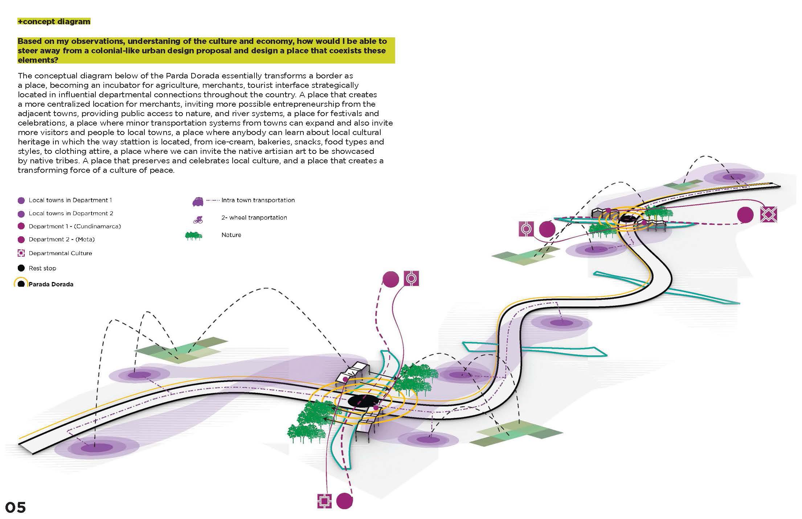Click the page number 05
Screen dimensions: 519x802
pos(16,507)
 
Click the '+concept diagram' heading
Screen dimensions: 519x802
pos(54,21)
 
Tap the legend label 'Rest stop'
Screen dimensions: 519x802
pos(42,268)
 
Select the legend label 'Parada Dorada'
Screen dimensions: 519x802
pos(51,284)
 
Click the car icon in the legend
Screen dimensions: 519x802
pos(197,201)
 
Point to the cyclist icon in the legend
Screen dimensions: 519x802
pos(198,219)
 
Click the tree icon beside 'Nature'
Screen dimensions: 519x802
pos(193,236)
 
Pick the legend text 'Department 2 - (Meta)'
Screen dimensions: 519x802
pos(62,239)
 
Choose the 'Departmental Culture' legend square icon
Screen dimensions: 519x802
pos(21,253)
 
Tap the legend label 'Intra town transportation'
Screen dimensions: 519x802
pos(258,200)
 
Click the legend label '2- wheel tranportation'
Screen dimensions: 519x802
pos(254,217)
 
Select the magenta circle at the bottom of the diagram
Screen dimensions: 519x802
pos(344,501)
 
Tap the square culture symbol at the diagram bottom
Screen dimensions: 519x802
pos(324,501)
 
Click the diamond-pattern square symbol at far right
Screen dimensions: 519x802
pos(769,215)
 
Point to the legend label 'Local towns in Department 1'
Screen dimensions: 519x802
pos(70,200)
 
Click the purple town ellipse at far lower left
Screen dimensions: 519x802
pos(97,448)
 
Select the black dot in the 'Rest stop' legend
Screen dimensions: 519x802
pos(21,268)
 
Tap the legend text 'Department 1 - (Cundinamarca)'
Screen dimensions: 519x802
pos(75,226)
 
